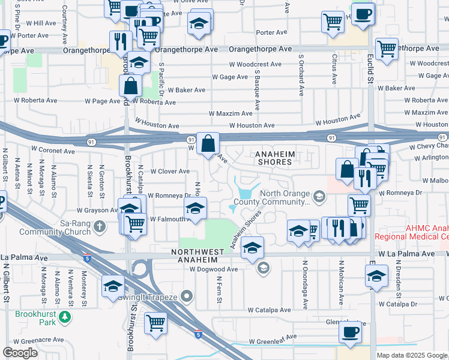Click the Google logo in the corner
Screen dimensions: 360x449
(x=20, y=353)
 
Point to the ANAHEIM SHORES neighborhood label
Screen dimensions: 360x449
(x=275, y=158)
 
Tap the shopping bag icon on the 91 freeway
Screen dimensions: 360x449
(x=208, y=144)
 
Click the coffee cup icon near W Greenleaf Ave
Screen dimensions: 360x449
(x=350, y=332)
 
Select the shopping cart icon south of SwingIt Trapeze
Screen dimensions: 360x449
(x=155, y=323)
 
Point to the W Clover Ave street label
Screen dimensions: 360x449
(x=170, y=172)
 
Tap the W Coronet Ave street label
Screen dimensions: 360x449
(x=53, y=148)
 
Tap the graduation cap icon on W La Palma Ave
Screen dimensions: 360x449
(x=253, y=247)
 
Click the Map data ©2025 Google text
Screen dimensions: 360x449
(x=411, y=355)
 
